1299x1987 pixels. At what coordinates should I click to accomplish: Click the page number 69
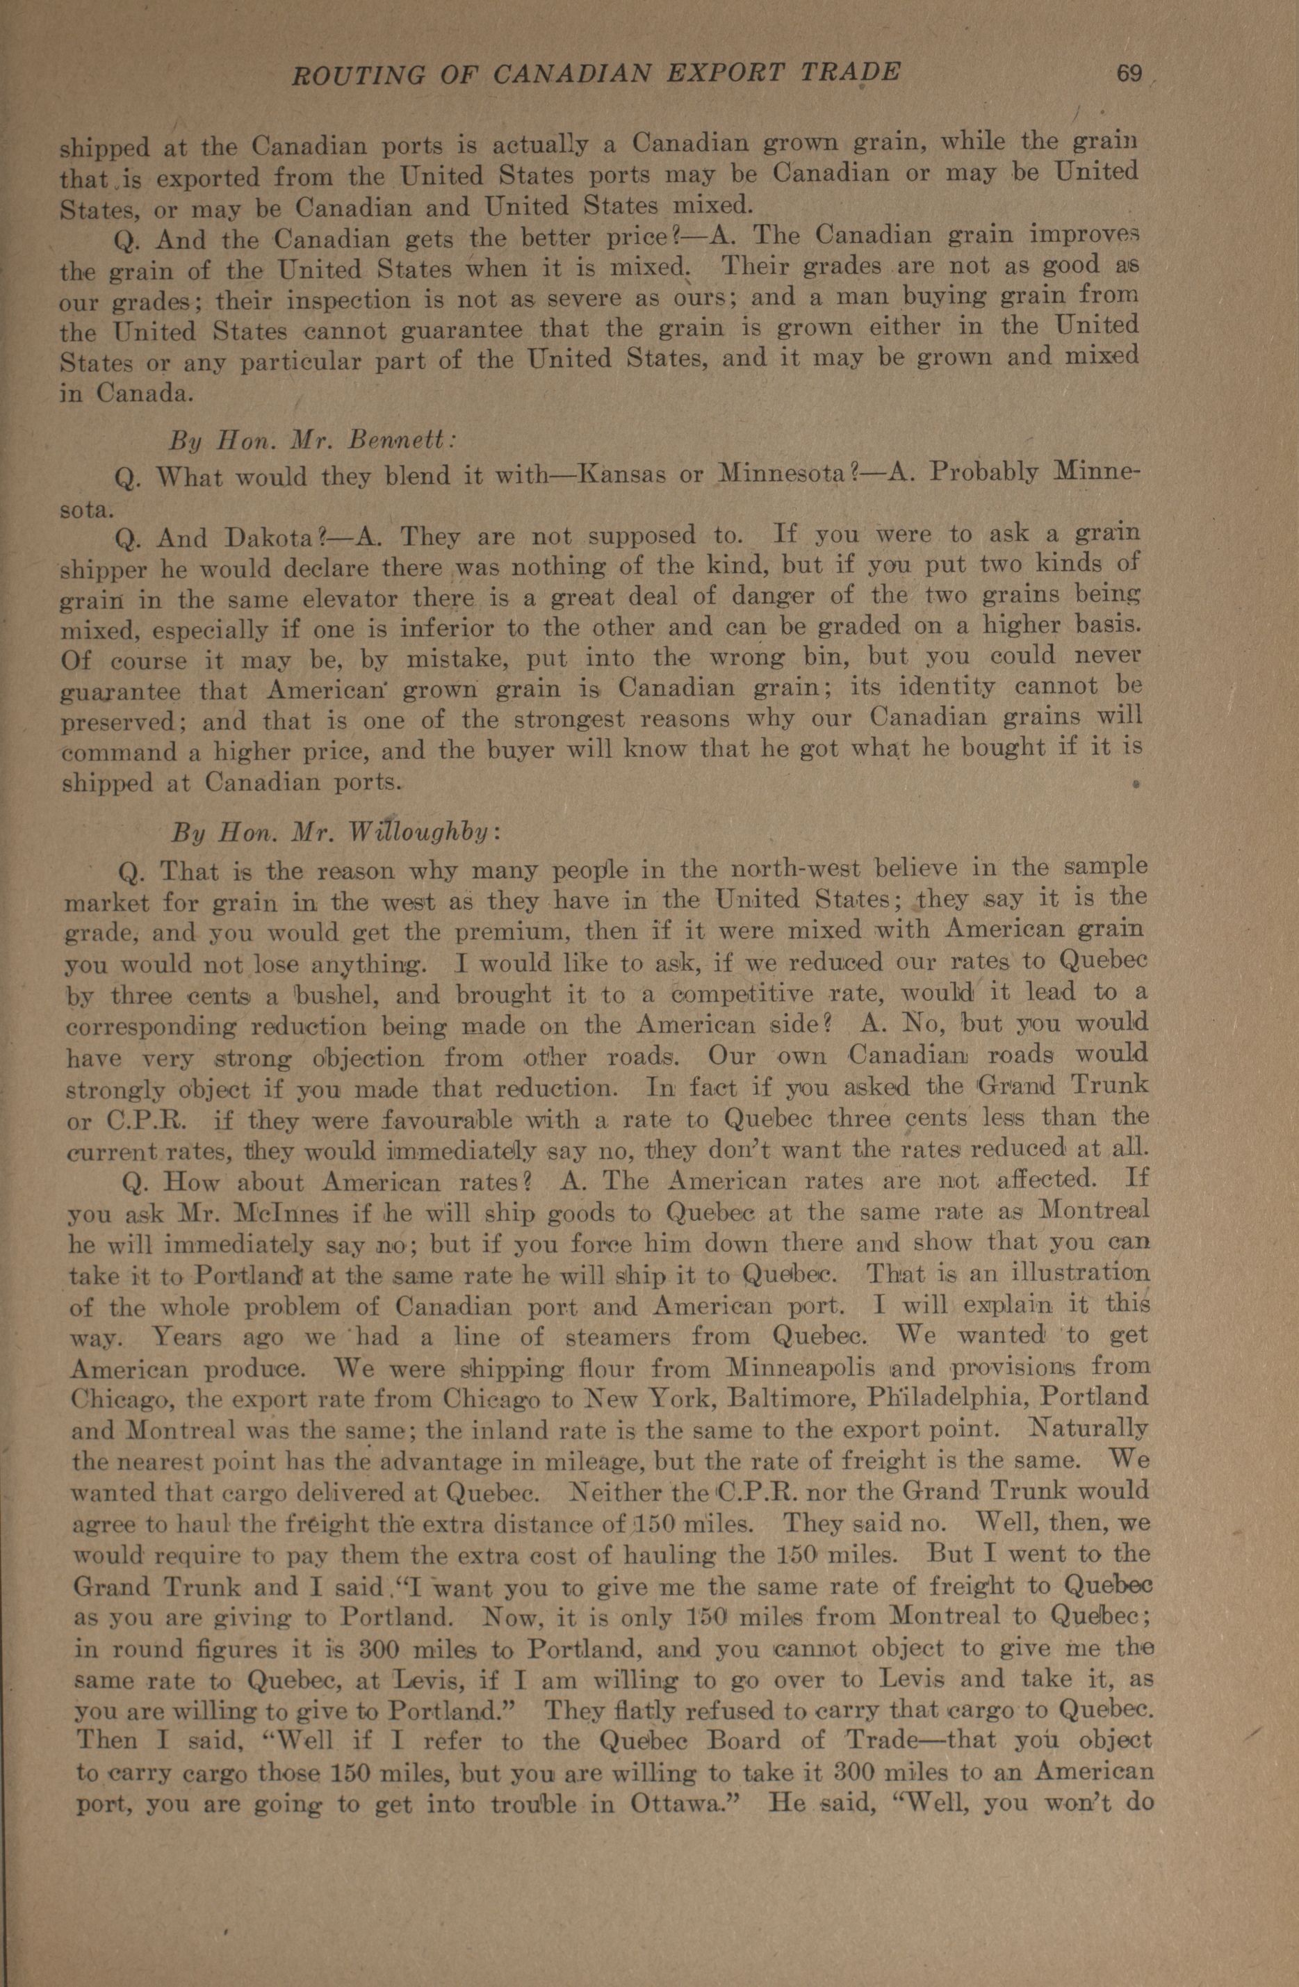pos(1129,74)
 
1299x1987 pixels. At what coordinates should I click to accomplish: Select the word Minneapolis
pos(800,1368)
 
